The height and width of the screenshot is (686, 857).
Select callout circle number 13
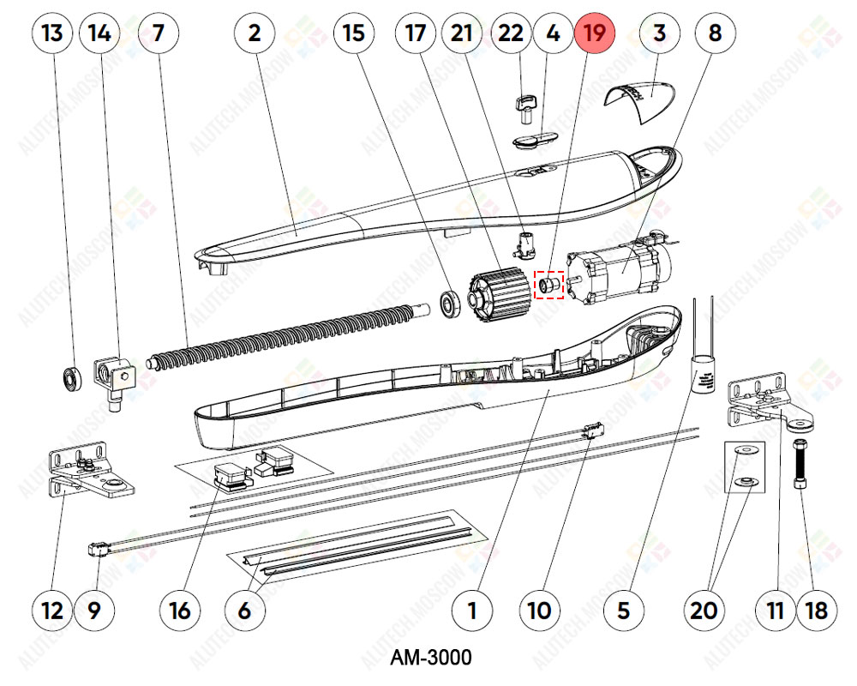52,34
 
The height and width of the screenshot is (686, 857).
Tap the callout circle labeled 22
511,34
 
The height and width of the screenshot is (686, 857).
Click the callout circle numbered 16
180,611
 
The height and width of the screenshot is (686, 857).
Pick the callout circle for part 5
623,611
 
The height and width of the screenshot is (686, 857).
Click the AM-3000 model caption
430,659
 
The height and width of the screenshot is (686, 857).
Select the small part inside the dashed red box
548,284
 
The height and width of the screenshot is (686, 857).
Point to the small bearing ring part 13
72,376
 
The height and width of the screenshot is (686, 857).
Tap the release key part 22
524,106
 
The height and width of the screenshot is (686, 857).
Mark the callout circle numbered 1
471,611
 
